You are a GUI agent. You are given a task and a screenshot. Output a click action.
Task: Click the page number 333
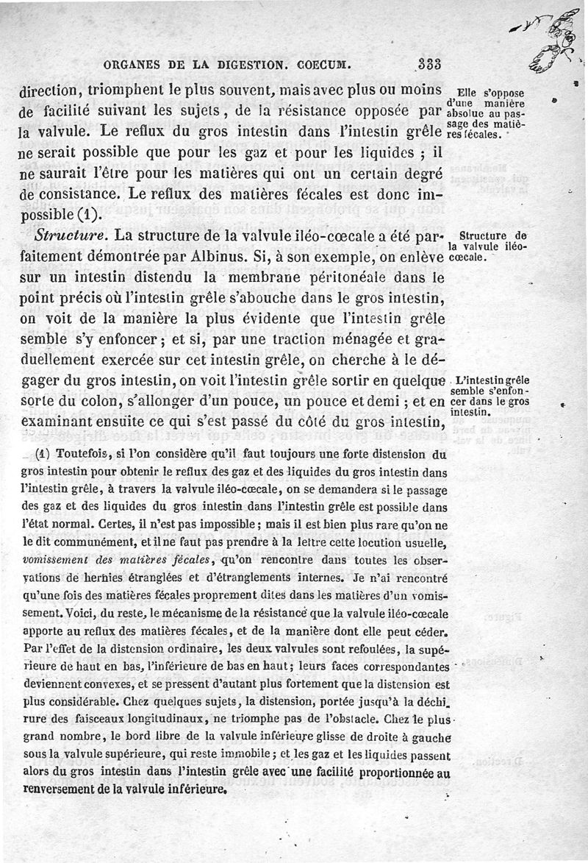(x=429, y=64)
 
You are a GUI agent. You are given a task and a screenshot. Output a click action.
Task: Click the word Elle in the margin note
(x=467, y=93)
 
